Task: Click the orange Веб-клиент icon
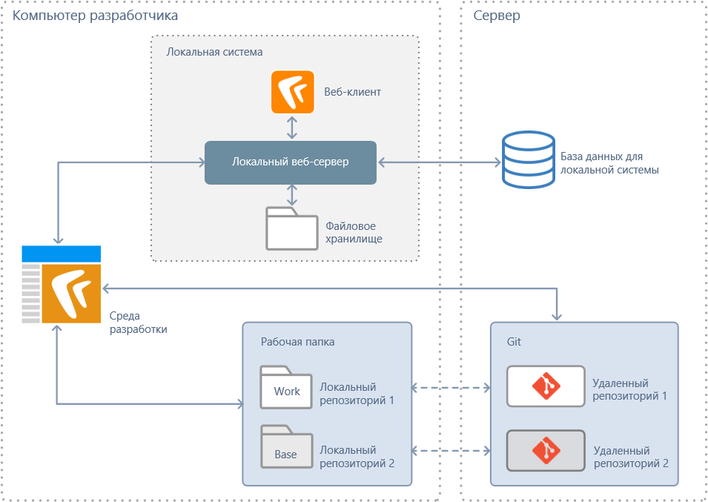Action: [293, 92]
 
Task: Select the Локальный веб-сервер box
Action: [291, 162]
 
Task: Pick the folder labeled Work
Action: [286, 388]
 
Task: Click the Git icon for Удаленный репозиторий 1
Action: [546, 386]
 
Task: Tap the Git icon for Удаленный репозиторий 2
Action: [546, 450]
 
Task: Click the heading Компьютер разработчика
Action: [96, 16]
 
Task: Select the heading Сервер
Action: [497, 16]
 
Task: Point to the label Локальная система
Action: [215, 53]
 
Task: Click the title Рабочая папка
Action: [297, 342]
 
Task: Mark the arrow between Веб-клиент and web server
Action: [293, 127]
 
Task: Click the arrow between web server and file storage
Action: [293, 195]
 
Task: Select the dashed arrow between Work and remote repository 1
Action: [451, 387]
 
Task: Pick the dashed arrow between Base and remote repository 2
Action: [451, 450]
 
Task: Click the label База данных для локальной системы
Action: [609, 163]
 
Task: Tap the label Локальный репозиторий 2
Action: [357, 457]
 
